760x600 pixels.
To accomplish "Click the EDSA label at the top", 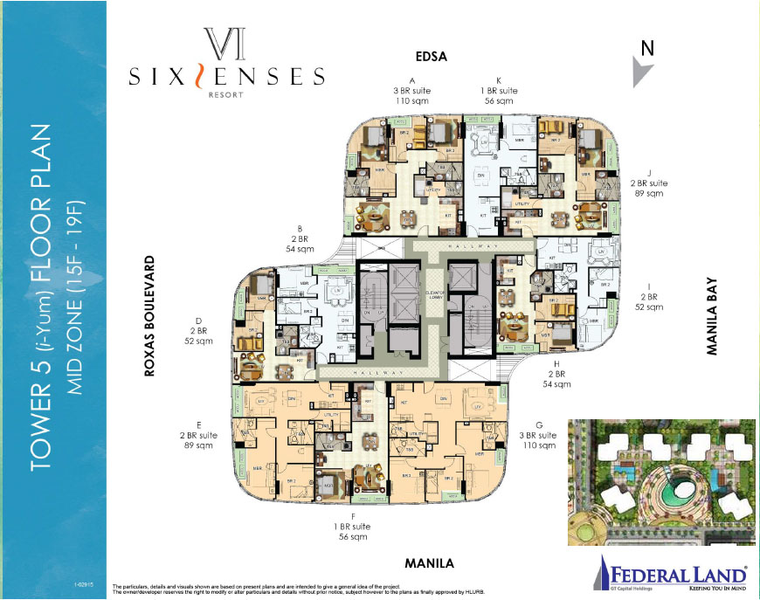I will click(430, 57).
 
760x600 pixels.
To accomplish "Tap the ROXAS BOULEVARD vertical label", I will click(149, 316).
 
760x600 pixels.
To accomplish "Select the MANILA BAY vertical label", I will click(712, 316).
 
